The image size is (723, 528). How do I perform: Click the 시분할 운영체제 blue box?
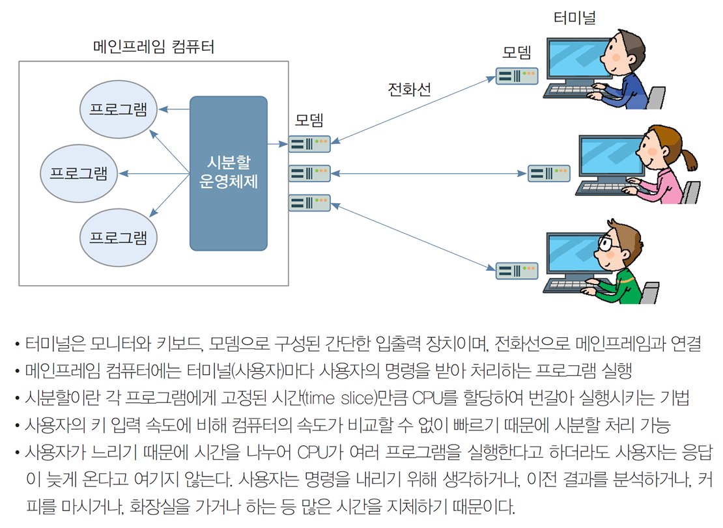point(228,173)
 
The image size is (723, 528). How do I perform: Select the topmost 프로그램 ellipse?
point(119,109)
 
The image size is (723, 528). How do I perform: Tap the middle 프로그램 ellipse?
point(79,173)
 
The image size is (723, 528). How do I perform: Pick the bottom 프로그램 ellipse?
point(119,237)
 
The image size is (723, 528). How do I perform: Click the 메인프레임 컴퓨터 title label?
point(154,46)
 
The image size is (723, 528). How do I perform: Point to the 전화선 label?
point(409,89)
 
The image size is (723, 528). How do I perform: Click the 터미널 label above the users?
point(574,18)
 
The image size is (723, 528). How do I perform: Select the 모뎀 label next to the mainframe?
point(309,120)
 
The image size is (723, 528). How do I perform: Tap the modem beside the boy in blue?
point(517,76)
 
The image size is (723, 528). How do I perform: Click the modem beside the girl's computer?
point(548,173)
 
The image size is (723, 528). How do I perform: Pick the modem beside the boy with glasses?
point(517,270)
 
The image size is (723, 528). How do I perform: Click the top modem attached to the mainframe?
point(309,144)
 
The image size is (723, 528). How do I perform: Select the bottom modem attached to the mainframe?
point(309,202)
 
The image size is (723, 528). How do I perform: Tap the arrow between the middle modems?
point(429,174)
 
